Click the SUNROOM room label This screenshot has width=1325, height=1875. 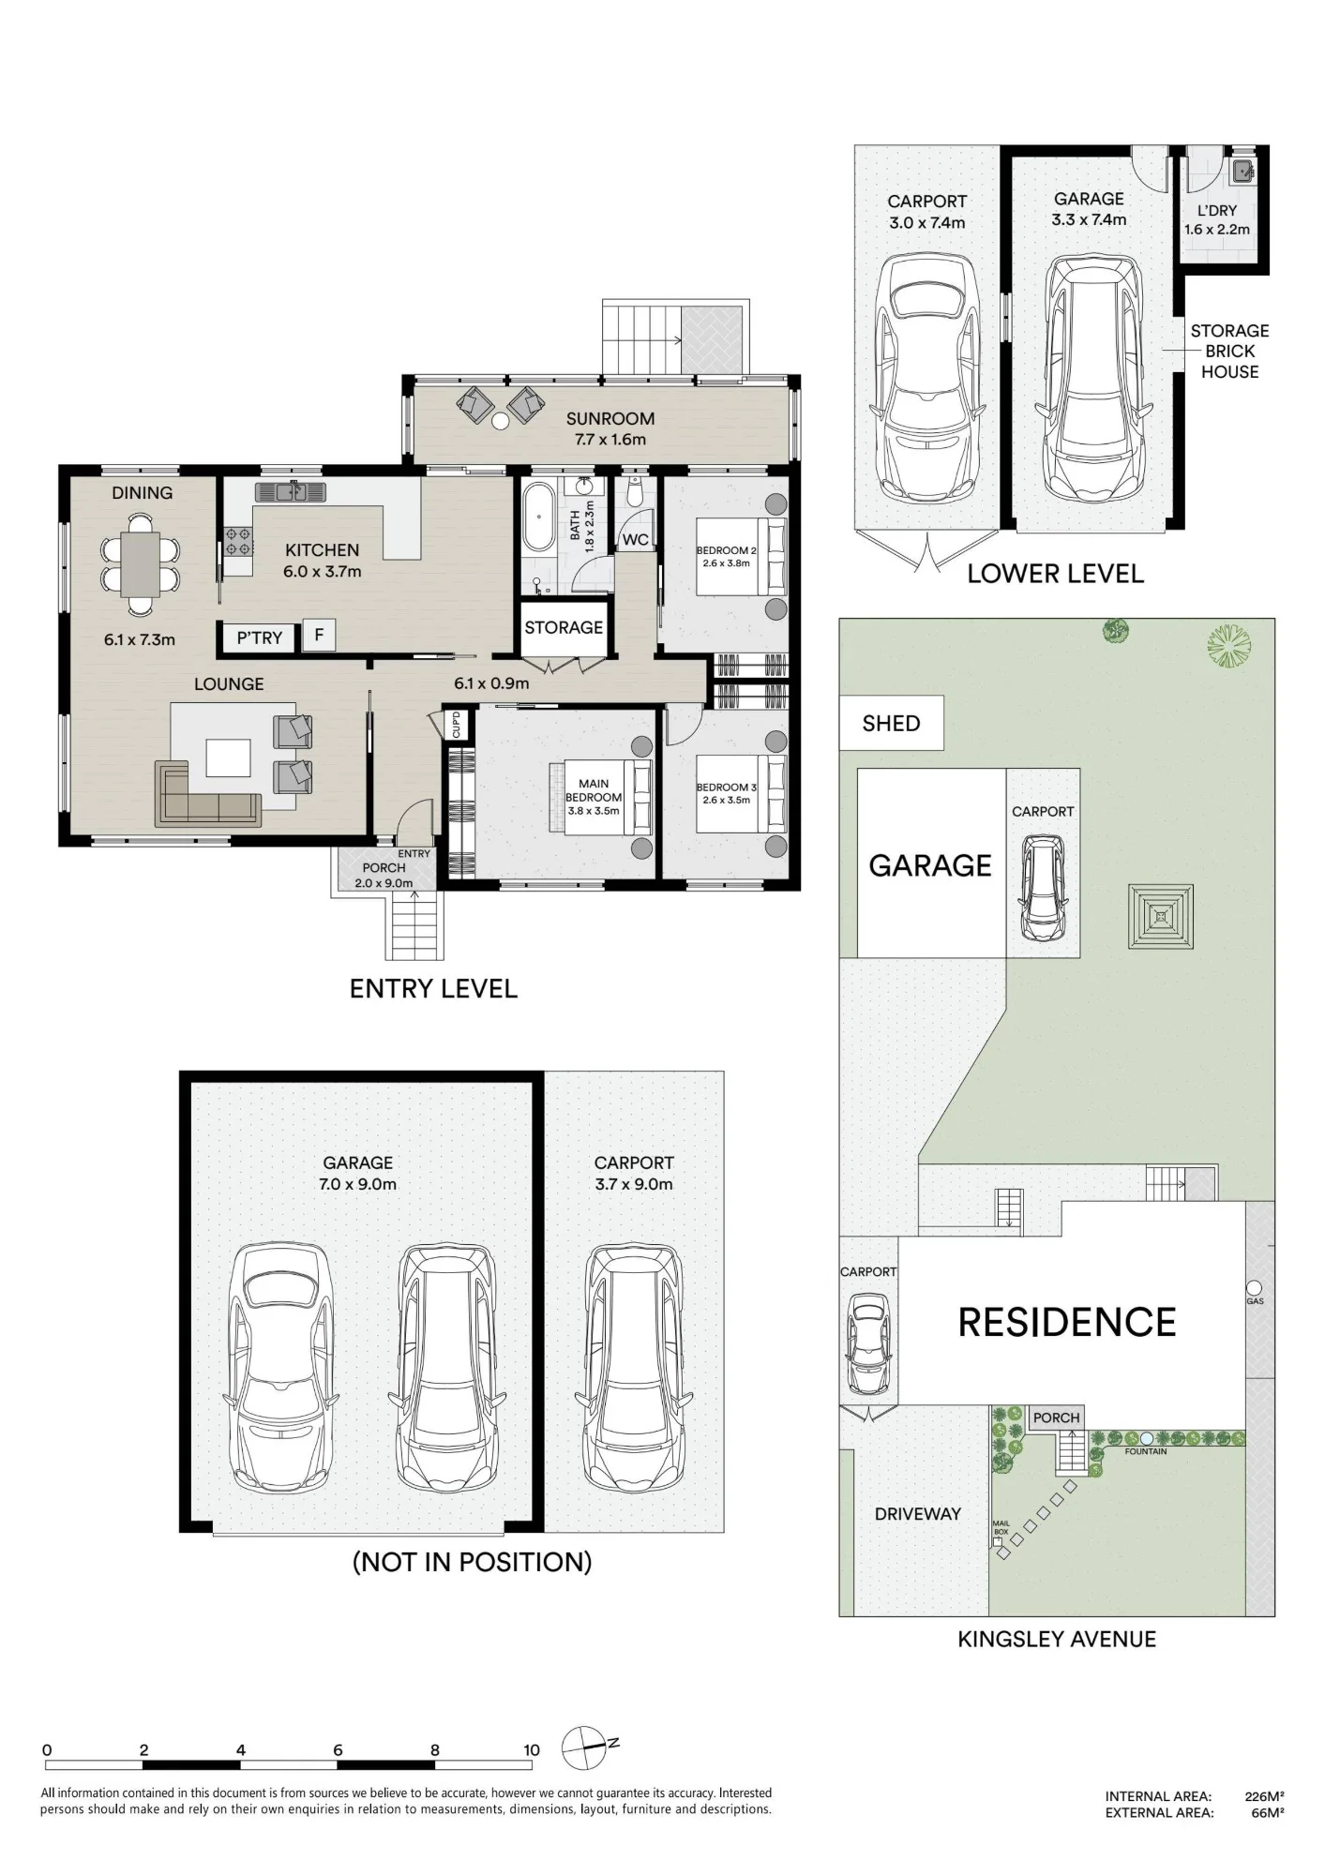pos(610,419)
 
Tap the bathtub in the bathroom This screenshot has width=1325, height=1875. pos(538,517)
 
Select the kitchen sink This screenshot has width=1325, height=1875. pos(290,491)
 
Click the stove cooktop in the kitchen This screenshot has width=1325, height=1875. pos(238,542)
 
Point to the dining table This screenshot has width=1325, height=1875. pos(140,563)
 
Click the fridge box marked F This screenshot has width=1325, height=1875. pos(319,636)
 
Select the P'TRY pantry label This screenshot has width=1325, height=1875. pos(260,638)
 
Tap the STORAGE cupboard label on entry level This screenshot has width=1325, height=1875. pos(564,627)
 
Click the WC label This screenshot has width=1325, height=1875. pos(635,540)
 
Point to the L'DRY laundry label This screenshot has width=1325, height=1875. pos(1216,211)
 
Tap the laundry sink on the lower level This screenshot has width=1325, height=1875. pos(1242,171)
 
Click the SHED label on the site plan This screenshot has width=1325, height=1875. pos(891,723)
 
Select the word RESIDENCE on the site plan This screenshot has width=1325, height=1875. pos(1067,1322)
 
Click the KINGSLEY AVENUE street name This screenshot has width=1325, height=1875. pos(1057,1639)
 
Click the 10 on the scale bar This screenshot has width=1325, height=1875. pos(532,1749)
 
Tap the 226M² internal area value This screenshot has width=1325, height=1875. pos(1264,1796)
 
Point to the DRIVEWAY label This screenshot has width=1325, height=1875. pos(917,1513)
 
